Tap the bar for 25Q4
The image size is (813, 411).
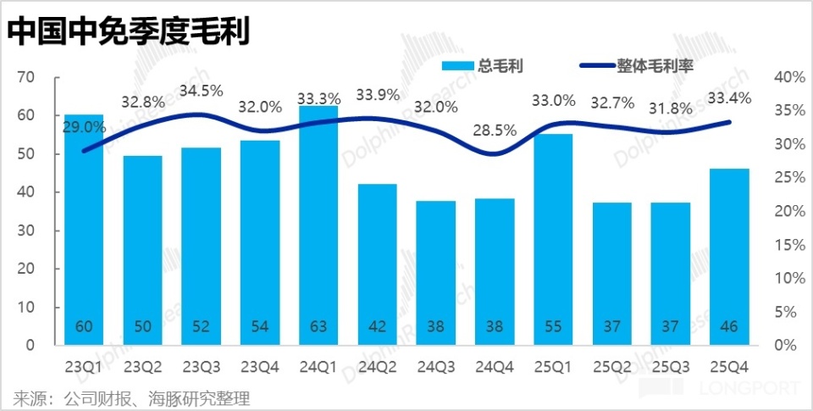(x=729, y=254)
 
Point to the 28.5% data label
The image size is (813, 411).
(x=495, y=131)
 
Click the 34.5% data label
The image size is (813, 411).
(x=201, y=91)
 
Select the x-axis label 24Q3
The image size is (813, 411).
(x=434, y=367)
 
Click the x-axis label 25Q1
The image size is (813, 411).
(x=553, y=367)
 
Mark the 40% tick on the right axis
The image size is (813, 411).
(x=788, y=77)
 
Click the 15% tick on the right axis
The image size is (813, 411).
(x=788, y=245)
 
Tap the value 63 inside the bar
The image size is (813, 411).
(x=318, y=326)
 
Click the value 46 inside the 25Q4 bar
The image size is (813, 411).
(x=729, y=326)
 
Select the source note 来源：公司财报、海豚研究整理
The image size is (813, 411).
(x=132, y=397)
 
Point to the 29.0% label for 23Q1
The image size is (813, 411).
(x=84, y=127)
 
